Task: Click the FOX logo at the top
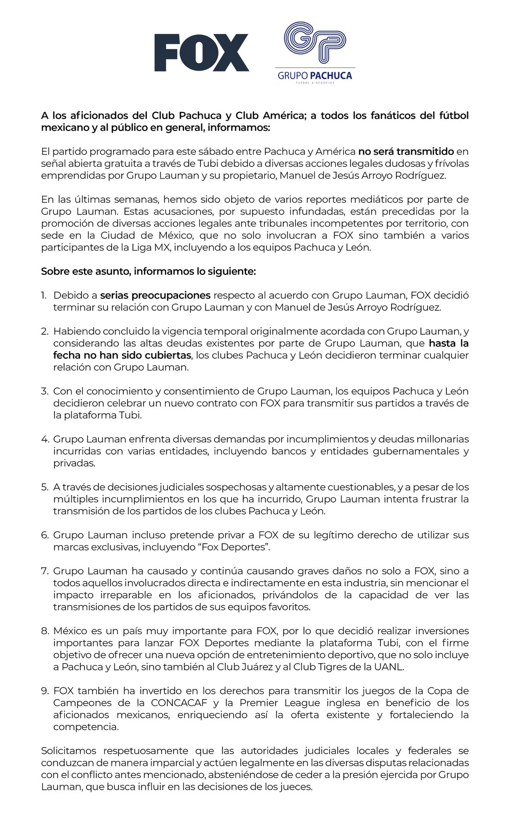[x=201, y=52]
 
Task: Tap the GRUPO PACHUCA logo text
[x=314, y=75]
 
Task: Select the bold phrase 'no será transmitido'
[x=406, y=151]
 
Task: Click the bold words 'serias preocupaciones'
[x=155, y=295]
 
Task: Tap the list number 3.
[x=45, y=391]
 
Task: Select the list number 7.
[x=45, y=571]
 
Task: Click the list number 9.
[x=45, y=691]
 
